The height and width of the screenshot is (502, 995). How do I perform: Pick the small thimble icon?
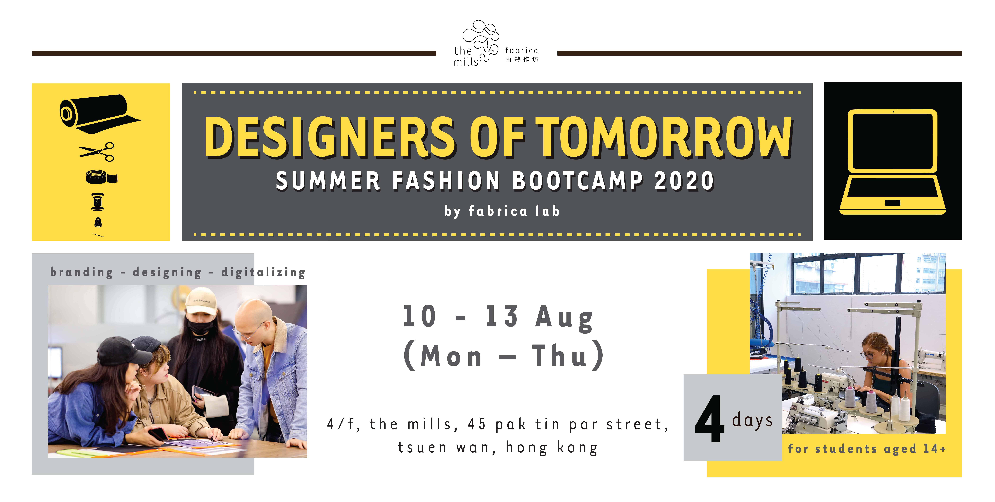pyautogui.click(x=98, y=222)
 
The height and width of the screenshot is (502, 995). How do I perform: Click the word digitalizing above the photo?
pyautogui.click(x=263, y=272)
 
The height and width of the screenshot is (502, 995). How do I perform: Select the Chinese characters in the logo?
pyautogui.click(x=521, y=60)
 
